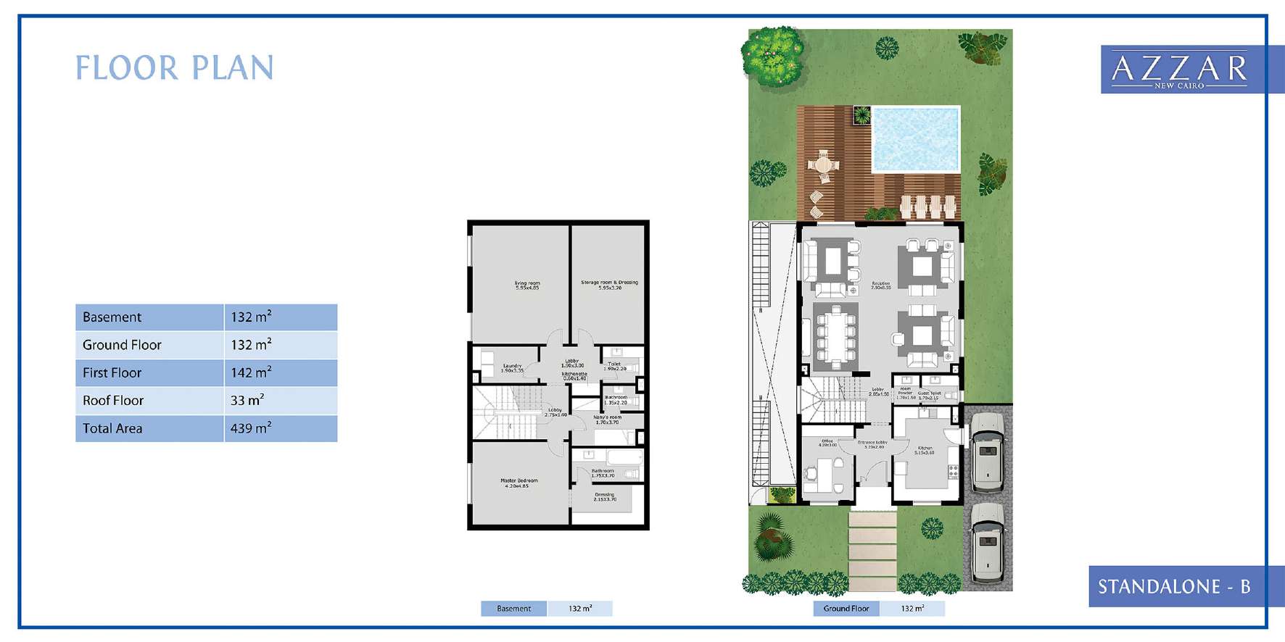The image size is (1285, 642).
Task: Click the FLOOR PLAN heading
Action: (175, 68)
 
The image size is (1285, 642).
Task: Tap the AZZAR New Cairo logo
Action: (1180, 70)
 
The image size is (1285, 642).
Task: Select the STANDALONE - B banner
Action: (1174, 586)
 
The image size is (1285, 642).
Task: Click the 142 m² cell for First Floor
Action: (280, 372)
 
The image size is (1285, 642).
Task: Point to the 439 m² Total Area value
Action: (280, 428)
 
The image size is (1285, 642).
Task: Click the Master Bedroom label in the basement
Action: (518, 483)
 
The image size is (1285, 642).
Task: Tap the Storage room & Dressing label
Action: (609, 285)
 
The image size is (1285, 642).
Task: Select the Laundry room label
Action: (512, 367)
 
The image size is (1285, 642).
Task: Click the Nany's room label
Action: (607, 420)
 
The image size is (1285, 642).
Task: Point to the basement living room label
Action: (527, 285)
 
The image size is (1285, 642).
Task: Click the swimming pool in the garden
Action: (915, 138)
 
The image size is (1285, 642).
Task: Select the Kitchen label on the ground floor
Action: (925, 450)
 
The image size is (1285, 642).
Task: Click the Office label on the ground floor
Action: (827, 442)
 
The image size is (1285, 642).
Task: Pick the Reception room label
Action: (880, 285)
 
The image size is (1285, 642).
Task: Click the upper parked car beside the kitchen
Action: (987, 451)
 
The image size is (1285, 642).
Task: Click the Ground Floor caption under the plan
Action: (846, 609)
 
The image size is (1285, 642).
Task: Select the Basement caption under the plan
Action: (513, 609)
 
